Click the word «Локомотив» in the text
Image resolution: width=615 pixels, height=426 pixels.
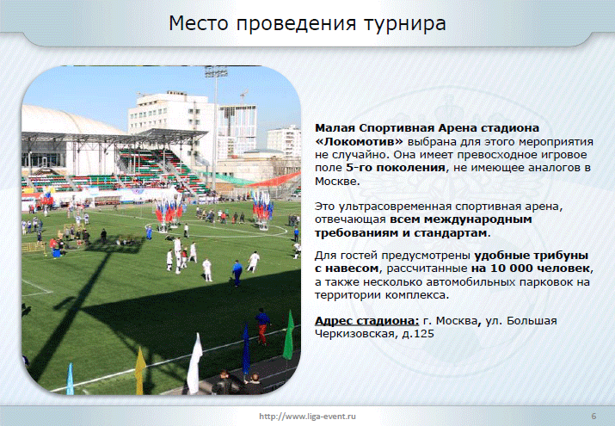359,141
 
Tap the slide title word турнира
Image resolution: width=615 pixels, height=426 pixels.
405,24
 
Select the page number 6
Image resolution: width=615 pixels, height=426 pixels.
593,417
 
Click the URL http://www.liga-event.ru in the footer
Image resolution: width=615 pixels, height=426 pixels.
308,417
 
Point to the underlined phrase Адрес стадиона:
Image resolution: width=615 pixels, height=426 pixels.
366,321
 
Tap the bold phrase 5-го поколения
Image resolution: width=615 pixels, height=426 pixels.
396,168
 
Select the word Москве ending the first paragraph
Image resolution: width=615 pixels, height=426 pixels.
335,182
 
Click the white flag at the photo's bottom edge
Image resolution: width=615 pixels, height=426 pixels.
194,364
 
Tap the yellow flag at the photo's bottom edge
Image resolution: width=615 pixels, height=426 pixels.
140,371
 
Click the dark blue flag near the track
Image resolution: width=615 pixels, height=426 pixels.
246,350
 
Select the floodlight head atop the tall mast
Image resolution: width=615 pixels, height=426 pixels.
216,71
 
